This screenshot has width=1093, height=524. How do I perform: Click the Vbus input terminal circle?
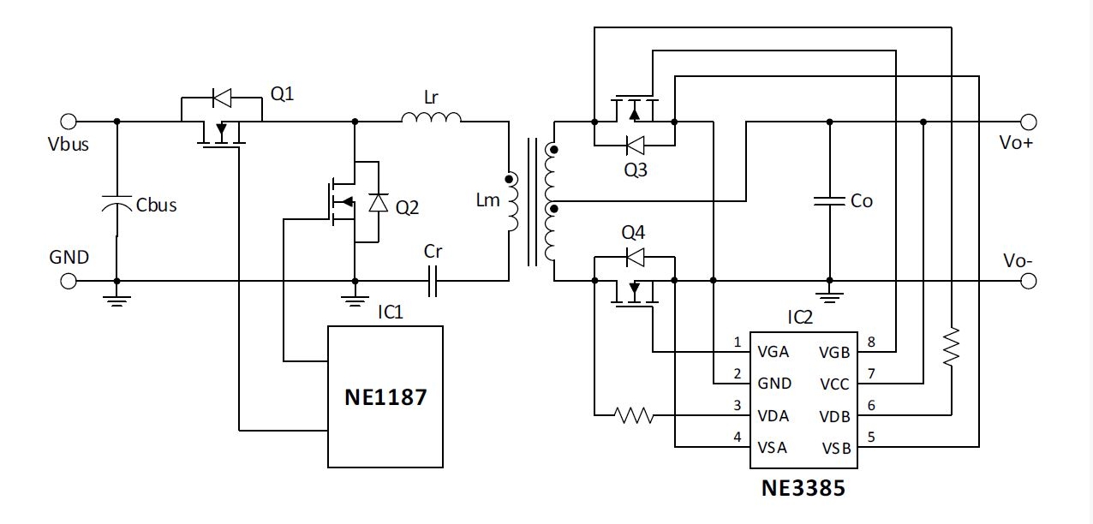pos(69,122)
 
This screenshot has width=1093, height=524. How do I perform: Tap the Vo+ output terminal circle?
pos(1028,122)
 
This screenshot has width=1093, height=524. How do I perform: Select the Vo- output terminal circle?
pos(1028,281)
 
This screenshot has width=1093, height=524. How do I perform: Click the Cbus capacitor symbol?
pos(116,204)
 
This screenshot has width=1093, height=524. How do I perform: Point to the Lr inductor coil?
pos(432,117)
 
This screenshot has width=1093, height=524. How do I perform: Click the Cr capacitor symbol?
pos(433,281)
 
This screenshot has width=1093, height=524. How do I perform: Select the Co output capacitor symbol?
pos(829,201)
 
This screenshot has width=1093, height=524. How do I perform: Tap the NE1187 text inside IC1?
pos(385,397)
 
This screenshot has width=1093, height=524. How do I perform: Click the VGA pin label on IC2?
pos(773,352)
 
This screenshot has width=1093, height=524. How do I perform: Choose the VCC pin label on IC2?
pos(834,384)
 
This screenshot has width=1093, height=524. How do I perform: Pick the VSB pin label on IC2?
pos(836,448)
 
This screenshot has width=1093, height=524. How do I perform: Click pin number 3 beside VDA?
pos(738,406)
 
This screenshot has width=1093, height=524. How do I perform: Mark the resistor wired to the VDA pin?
pos(634,415)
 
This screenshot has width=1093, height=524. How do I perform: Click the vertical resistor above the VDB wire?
pos(951,347)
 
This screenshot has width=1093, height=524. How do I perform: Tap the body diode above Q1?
pos(222,98)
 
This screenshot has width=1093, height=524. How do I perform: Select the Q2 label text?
pos(407,208)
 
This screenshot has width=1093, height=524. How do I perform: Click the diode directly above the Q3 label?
pos(635,146)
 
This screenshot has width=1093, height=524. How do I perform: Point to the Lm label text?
pos(487,200)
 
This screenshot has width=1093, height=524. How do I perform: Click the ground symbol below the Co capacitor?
pos(829,297)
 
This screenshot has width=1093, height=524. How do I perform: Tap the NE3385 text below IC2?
pos(803,488)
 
